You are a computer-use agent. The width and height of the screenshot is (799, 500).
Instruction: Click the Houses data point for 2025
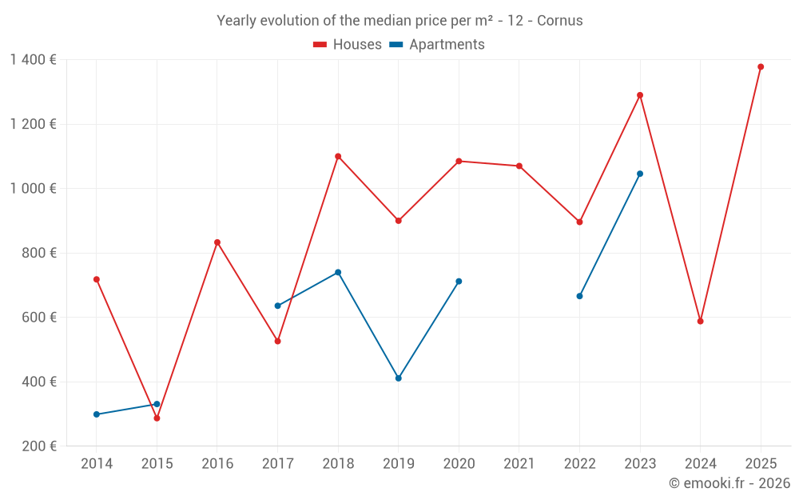[x=761, y=66]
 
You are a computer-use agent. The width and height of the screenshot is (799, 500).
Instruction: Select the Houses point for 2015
[x=157, y=418]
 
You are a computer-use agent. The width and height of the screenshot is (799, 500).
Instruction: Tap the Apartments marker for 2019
[x=399, y=378]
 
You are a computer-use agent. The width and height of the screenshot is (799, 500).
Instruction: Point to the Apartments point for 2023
[x=640, y=174]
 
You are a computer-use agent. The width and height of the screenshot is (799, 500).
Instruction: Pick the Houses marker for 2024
[x=700, y=322]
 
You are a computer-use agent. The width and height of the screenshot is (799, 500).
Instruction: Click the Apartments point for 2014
[x=97, y=414]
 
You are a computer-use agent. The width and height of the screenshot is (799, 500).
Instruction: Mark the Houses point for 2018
[x=338, y=156]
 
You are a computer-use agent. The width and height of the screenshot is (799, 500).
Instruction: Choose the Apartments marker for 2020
[x=459, y=282]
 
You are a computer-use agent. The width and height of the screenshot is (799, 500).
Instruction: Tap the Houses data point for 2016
[x=217, y=242]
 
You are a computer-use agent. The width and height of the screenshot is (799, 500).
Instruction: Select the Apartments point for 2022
[x=579, y=296]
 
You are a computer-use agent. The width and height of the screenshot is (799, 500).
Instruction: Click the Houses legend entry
[x=348, y=45]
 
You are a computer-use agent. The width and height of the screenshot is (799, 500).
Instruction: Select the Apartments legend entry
[x=437, y=45]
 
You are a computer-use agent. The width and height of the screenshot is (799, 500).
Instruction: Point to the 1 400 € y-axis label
[x=34, y=60]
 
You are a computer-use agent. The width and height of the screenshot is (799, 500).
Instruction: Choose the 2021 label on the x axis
[x=519, y=464]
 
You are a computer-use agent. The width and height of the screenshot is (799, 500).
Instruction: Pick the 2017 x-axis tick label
[x=277, y=464]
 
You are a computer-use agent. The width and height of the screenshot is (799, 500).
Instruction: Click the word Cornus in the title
[x=559, y=21]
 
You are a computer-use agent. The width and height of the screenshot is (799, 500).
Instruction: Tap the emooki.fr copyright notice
[x=729, y=483]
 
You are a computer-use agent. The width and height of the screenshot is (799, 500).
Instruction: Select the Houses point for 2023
[x=640, y=95]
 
